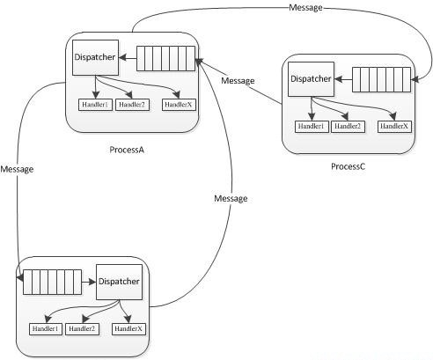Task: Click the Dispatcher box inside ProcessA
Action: point(95,57)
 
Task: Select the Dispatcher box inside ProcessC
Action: point(311,79)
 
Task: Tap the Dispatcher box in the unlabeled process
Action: point(120,282)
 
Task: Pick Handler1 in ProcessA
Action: point(95,105)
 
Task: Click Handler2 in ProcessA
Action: point(132,105)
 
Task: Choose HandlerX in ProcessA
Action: point(179,105)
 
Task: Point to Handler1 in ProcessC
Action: point(312,127)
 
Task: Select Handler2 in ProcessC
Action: point(348,127)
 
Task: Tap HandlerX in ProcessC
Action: point(394,127)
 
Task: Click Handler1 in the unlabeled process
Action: point(46,329)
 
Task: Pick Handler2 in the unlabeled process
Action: point(82,329)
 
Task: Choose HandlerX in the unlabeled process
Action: point(128,329)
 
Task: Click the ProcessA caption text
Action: point(127,150)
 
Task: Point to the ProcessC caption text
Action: point(349,166)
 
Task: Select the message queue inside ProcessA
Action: point(165,58)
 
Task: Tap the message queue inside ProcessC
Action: point(381,79)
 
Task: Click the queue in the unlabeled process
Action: point(52,282)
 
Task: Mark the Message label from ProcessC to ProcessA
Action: point(238,81)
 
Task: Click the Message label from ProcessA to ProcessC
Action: point(305,8)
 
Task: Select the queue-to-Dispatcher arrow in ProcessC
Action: point(343,79)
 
